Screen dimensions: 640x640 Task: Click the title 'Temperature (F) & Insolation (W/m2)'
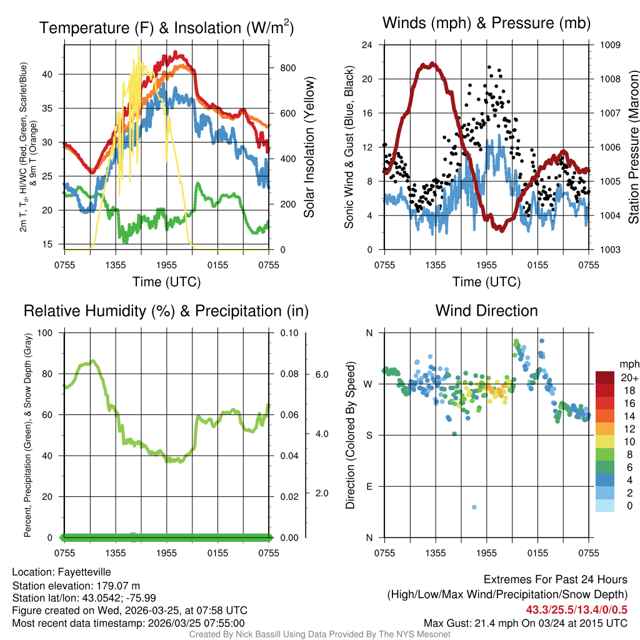pyautogui.click(x=166, y=27)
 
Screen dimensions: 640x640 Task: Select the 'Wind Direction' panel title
pyautogui.click(x=486, y=311)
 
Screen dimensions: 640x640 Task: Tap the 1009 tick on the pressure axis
pyautogui.click(x=610, y=45)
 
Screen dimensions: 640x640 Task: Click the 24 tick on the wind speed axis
pyautogui.click(x=367, y=45)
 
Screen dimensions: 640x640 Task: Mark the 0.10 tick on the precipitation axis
pyautogui.click(x=288, y=332)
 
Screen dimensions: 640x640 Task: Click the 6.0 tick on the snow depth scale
pyautogui.click(x=321, y=374)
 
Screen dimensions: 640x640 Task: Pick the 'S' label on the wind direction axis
pyautogui.click(x=368, y=435)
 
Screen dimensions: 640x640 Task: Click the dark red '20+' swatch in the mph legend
pyautogui.click(x=605, y=378)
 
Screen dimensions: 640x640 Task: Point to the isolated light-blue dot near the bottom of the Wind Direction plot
pyautogui.click(x=474, y=507)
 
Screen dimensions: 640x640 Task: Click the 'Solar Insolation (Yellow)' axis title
pyautogui.click(x=309, y=147)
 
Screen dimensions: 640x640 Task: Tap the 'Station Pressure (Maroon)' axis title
pyautogui.click(x=632, y=147)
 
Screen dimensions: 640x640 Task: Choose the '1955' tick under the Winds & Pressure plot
pyautogui.click(x=486, y=265)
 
